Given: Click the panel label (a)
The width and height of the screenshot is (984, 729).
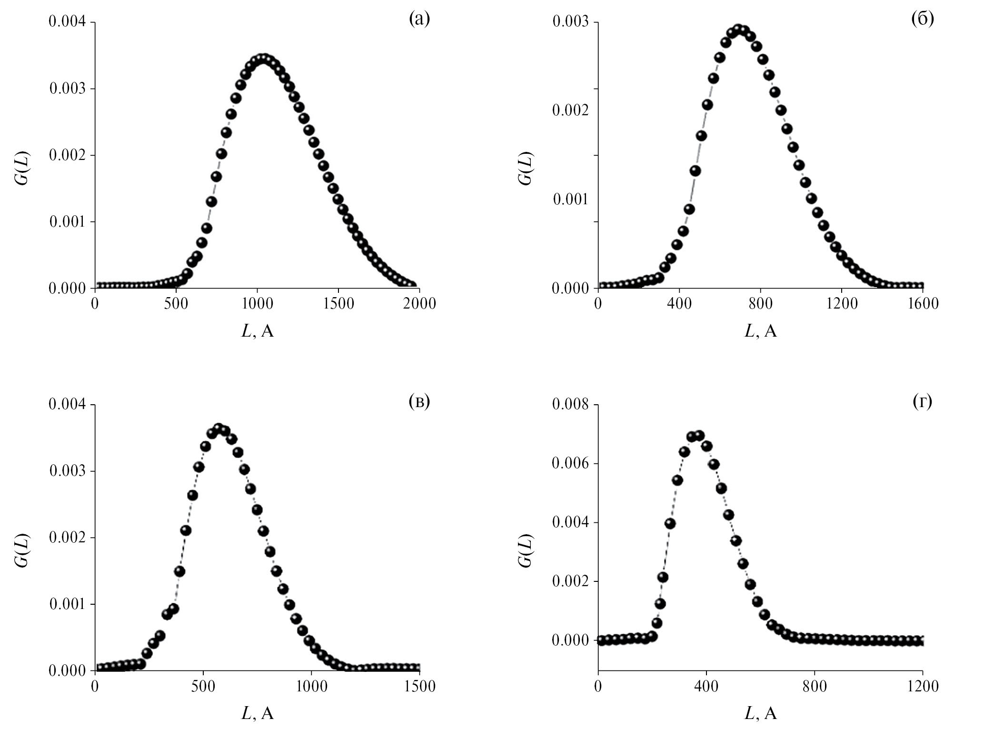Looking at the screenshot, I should [419, 20].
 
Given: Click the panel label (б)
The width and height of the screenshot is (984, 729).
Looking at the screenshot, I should [922, 20].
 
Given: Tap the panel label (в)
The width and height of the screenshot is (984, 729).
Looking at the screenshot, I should [419, 402].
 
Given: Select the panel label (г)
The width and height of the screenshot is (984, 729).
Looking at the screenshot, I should [922, 402].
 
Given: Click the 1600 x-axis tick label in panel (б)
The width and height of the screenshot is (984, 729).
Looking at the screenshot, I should [923, 303].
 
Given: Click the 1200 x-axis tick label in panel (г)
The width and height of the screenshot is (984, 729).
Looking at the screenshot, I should [923, 686].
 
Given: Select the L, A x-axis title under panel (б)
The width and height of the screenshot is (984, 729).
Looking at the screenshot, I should [760, 331].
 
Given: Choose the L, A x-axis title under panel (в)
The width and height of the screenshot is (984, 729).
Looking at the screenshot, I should [258, 713].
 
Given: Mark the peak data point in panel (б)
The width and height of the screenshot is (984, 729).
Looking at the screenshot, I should [738, 30].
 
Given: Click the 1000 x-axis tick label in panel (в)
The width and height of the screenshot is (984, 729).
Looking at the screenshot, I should [311, 686].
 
